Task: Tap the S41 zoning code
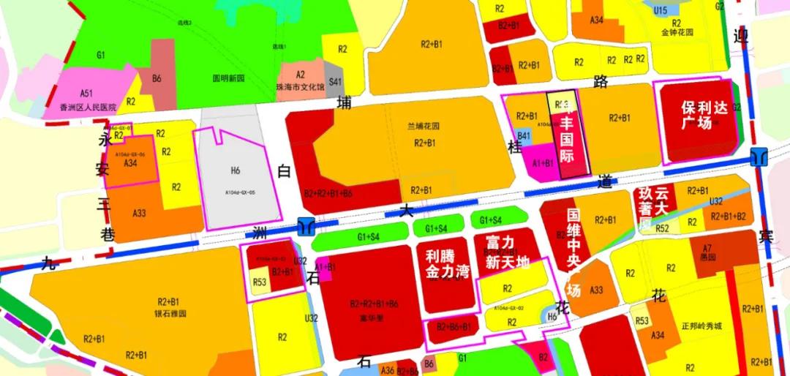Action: click(335, 82)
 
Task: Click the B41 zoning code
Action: click(524, 135)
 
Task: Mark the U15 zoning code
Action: click(661, 10)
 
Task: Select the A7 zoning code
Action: click(707, 248)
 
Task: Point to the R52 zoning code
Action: click(663, 229)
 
